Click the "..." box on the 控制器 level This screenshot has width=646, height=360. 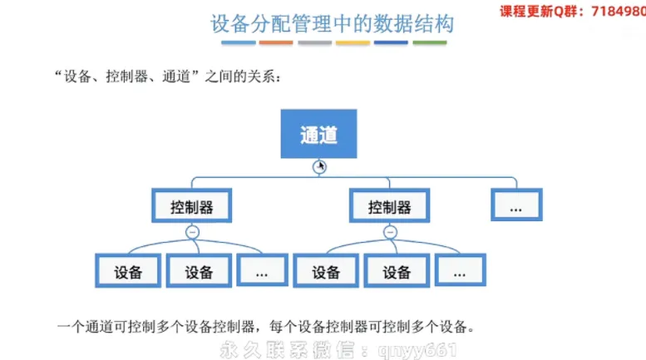(515, 205)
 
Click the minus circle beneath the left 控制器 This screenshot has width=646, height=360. (192, 233)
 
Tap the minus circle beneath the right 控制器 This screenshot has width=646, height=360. (390, 233)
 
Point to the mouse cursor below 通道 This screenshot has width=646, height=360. (321, 166)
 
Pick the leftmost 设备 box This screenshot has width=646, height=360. (128, 271)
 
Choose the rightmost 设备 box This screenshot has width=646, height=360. (397, 271)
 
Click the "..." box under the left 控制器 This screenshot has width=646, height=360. (262, 271)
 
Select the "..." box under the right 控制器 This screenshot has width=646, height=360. (460, 271)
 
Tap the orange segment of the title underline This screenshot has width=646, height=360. (276, 42)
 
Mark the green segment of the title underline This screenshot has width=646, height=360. (430, 42)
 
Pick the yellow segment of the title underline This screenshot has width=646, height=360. (353, 42)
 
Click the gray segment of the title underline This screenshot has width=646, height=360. (314, 42)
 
